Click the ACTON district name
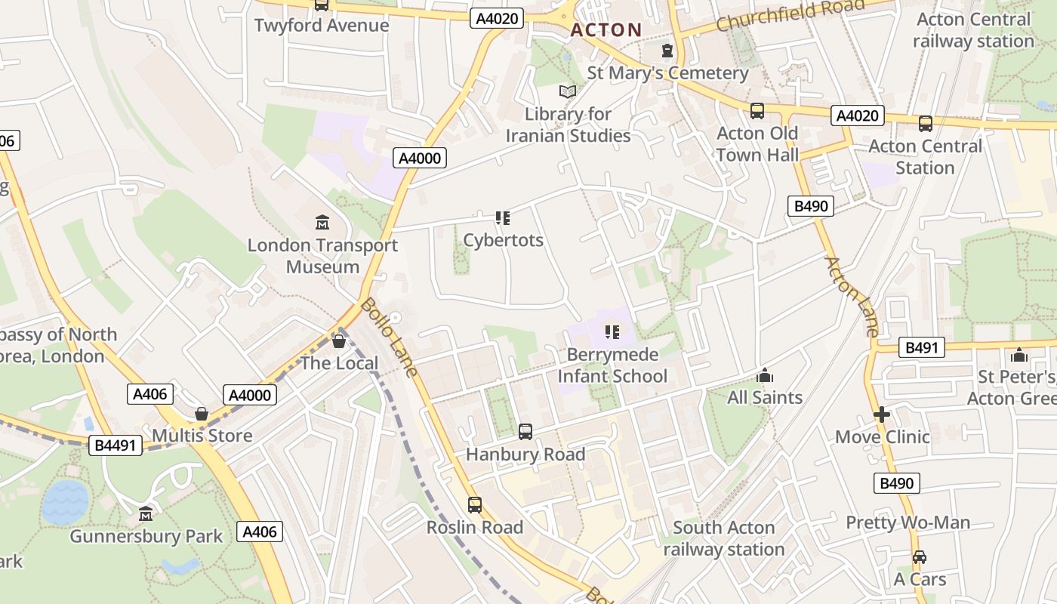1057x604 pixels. (x=606, y=30)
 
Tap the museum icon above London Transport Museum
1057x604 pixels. (x=322, y=222)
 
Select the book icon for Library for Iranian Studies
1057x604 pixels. (x=567, y=91)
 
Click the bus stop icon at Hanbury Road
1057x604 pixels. (x=525, y=432)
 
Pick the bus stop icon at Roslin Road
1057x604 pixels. (x=475, y=505)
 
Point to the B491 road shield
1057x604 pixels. (x=920, y=348)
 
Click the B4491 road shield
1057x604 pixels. (x=116, y=445)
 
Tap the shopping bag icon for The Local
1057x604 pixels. (x=339, y=341)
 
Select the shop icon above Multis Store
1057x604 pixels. (x=202, y=414)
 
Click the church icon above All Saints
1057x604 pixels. (x=765, y=375)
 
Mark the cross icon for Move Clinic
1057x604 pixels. (x=882, y=414)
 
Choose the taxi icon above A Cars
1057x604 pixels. (x=920, y=557)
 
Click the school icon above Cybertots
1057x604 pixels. (x=503, y=218)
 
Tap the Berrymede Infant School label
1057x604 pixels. (x=612, y=365)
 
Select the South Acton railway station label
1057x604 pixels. (x=723, y=538)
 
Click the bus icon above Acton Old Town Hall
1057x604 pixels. (x=757, y=111)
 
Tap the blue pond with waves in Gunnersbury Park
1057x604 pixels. (x=65, y=502)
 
